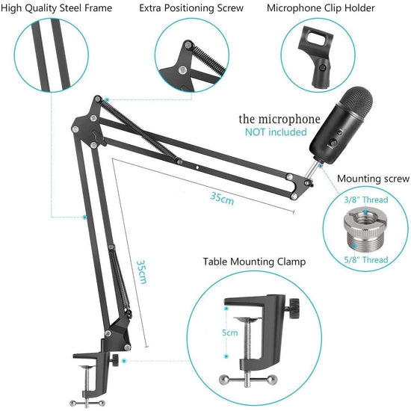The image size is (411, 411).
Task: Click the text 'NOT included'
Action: click(276, 132)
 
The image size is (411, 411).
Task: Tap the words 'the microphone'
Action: click(279, 119)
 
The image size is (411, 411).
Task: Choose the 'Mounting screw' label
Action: click(373, 179)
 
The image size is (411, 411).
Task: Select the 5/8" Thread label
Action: click(365, 259)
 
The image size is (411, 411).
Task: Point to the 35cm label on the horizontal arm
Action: click(221, 197)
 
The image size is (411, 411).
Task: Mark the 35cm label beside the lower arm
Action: click(140, 273)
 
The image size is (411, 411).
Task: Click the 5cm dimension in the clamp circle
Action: click(230, 333)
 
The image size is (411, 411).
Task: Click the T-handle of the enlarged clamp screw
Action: click(249, 379)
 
